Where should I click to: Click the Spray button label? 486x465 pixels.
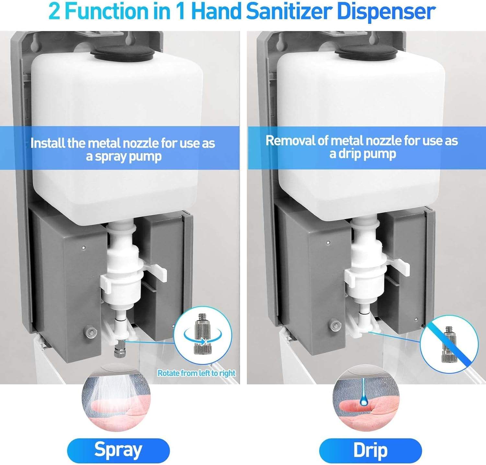(118, 450)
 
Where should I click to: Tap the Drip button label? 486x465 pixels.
(370, 450)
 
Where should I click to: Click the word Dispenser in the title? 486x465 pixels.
(386, 12)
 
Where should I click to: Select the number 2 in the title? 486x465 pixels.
(54, 12)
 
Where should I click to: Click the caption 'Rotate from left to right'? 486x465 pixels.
(196, 373)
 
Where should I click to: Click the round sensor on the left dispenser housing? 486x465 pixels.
(90, 332)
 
